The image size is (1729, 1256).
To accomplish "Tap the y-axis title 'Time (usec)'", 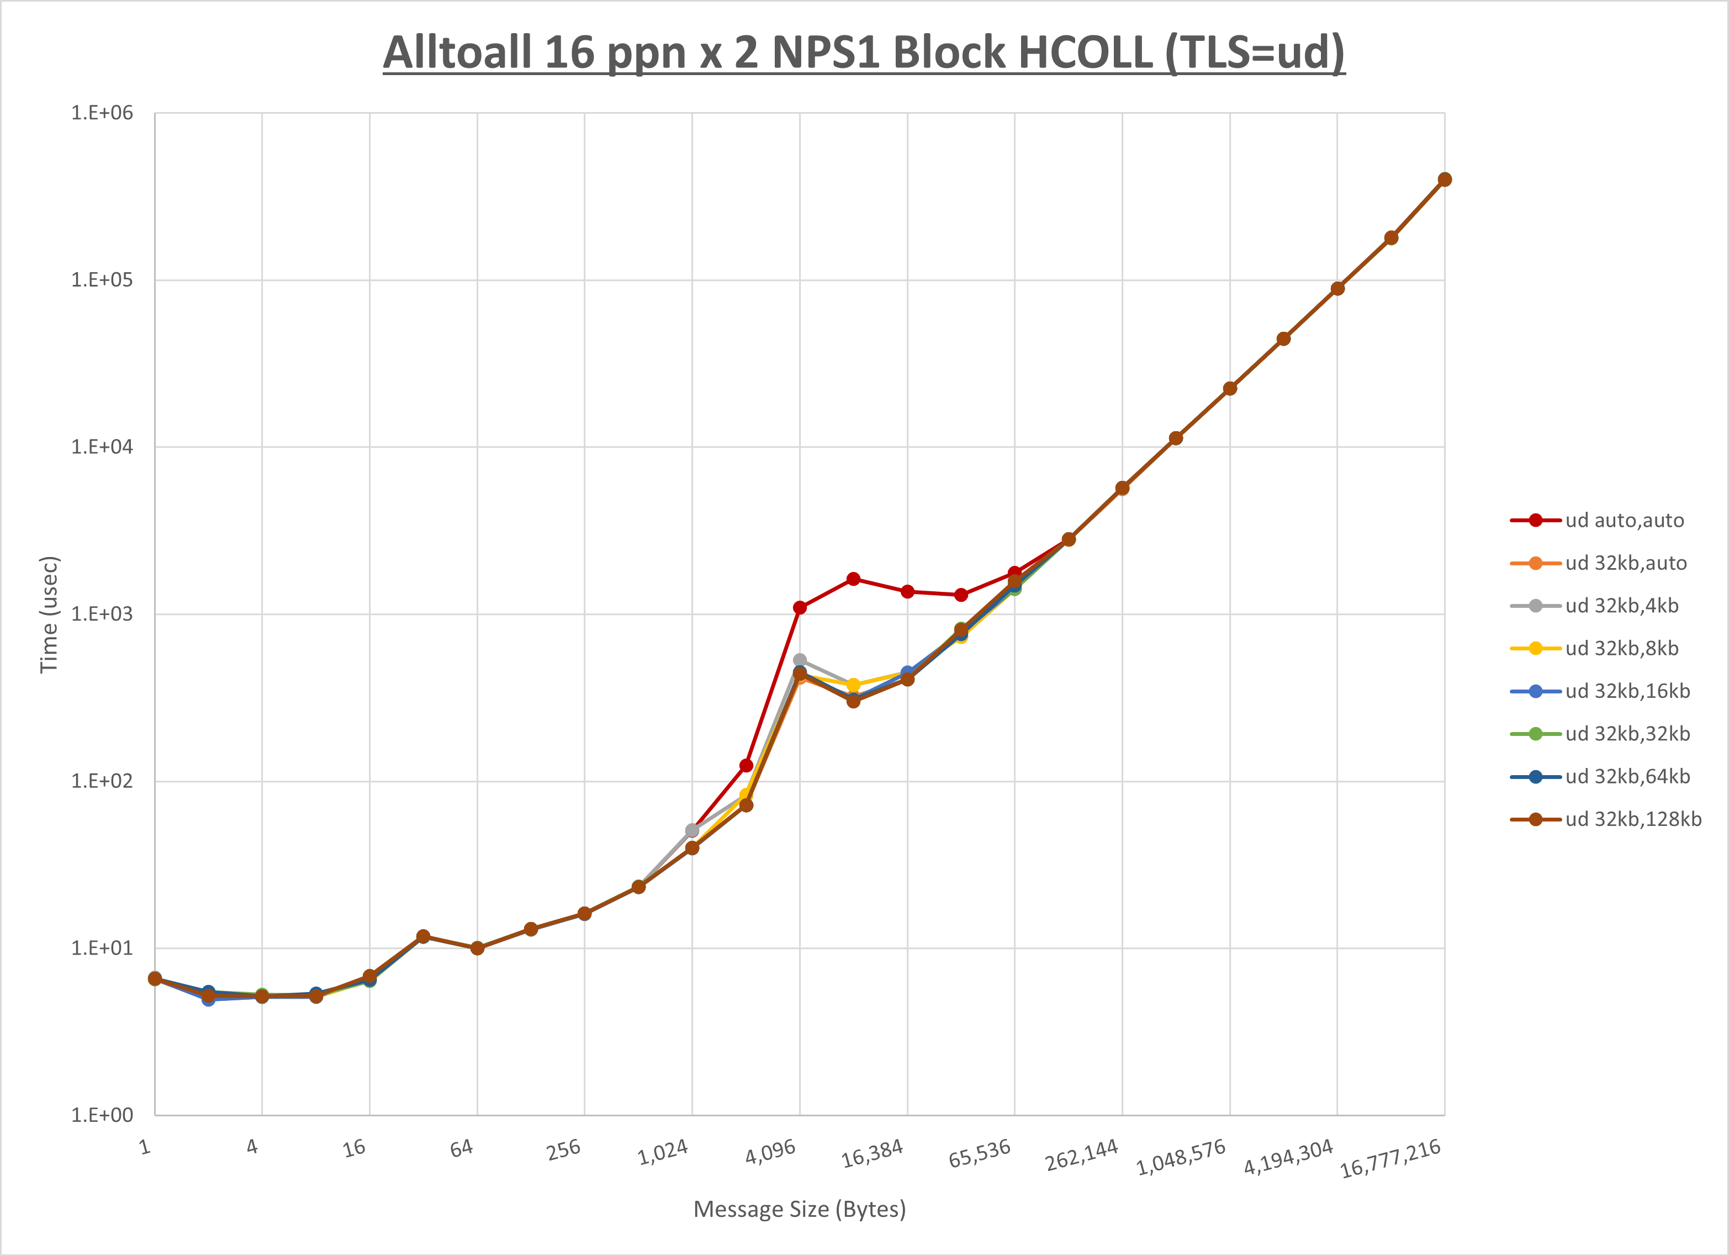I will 49,614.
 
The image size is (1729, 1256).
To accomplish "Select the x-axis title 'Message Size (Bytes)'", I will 799,1209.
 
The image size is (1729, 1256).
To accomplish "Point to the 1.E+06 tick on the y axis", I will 102,113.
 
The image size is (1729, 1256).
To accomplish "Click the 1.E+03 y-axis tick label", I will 102,613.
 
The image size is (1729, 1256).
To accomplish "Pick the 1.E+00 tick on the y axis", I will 102,1115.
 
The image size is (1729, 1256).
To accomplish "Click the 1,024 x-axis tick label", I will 663,1152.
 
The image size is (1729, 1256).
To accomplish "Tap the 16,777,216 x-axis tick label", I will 1390,1158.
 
